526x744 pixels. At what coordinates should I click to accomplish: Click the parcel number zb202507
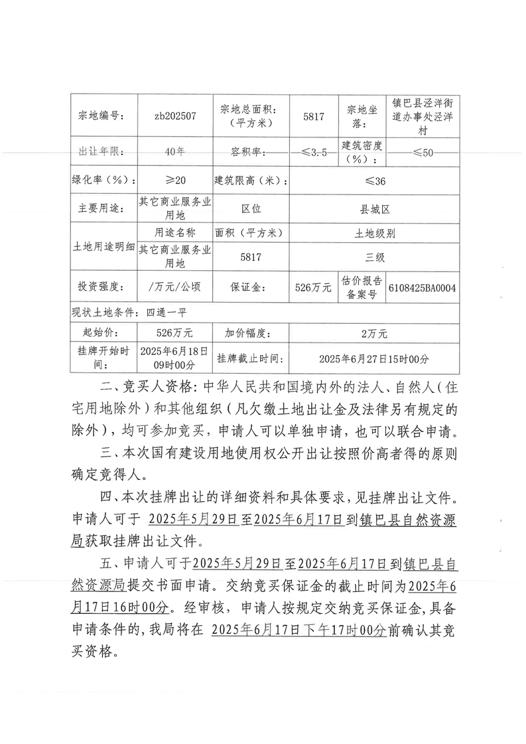(174, 115)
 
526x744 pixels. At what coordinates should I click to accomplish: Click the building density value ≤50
(422, 153)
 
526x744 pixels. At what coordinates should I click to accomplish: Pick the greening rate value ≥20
(174, 181)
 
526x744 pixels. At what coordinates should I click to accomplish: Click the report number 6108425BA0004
(421, 287)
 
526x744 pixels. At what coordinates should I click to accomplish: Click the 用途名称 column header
(174, 233)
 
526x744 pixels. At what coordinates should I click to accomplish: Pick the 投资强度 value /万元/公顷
(174, 287)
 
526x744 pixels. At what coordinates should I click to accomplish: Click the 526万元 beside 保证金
(313, 287)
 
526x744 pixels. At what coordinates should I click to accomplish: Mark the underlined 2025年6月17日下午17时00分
(298, 632)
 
